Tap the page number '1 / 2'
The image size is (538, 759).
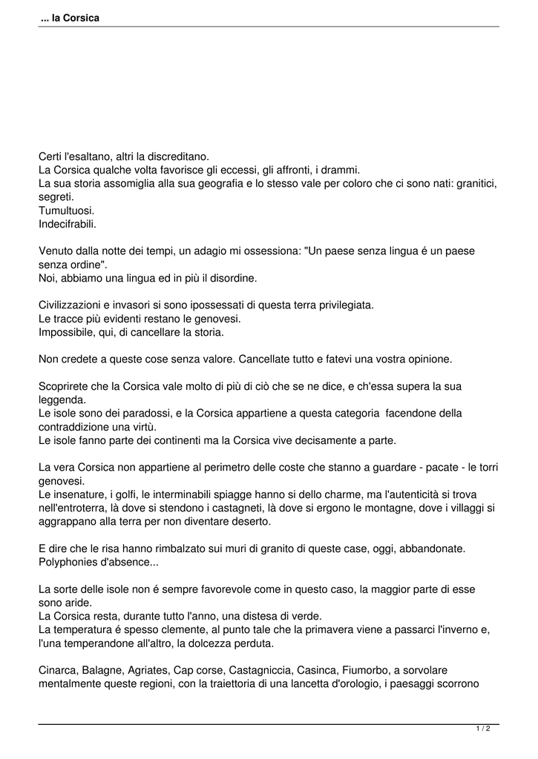pyautogui.click(x=482, y=729)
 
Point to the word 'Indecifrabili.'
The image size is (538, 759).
pyautogui.click(x=68, y=223)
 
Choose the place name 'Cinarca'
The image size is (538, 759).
pyautogui.click(x=58, y=669)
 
